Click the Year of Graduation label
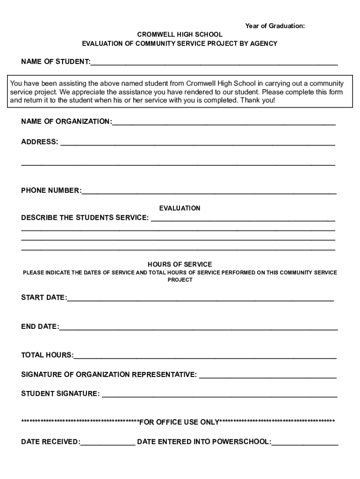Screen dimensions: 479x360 coord(275,26)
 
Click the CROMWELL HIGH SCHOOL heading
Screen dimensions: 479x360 coord(180,35)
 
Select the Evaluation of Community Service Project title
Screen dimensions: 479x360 coord(180,44)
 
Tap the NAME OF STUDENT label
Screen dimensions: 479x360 coord(56,62)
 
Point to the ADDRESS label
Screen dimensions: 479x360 coord(40,142)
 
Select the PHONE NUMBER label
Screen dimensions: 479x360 coord(51,190)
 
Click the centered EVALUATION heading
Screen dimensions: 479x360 coord(180,208)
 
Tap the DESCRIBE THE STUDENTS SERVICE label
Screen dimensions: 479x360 coord(85,218)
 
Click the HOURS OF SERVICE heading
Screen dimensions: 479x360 coord(180,264)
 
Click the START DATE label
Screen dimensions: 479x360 coord(43,298)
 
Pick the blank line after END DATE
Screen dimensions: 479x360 coord(198,327)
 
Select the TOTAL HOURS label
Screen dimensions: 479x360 coord(47,355)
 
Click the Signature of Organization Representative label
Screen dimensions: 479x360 coord(109,375)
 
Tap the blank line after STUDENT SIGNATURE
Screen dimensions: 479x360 coord(219,395)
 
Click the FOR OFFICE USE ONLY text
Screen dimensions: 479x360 coord(180,423)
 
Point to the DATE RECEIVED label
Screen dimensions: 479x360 coord(50,442)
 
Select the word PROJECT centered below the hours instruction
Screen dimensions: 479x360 coord(180,280)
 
